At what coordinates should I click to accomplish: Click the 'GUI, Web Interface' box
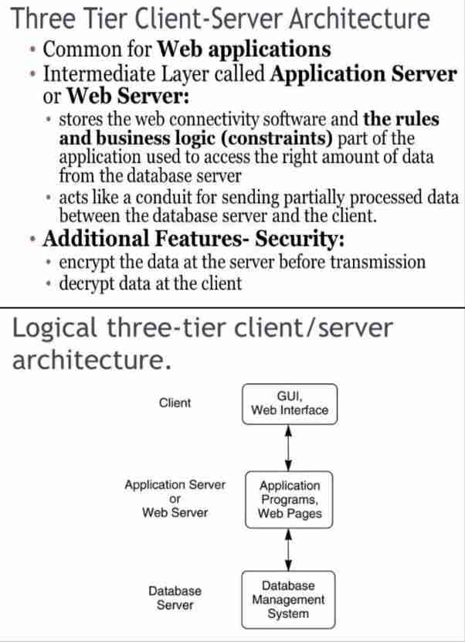290,404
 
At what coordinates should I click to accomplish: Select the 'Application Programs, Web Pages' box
289,500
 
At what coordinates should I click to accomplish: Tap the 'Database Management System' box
288,600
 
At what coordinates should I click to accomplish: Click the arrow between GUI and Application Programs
289,448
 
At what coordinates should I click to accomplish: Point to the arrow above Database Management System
289,550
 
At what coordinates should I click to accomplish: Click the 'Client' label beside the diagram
175,403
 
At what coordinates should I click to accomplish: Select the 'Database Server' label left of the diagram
175,598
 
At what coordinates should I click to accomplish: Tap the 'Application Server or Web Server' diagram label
175,498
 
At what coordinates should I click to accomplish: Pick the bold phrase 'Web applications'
244,50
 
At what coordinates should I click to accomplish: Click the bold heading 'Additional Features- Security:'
193,239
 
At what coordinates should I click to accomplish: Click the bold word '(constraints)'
277,138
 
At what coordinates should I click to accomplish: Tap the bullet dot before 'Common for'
32,50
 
